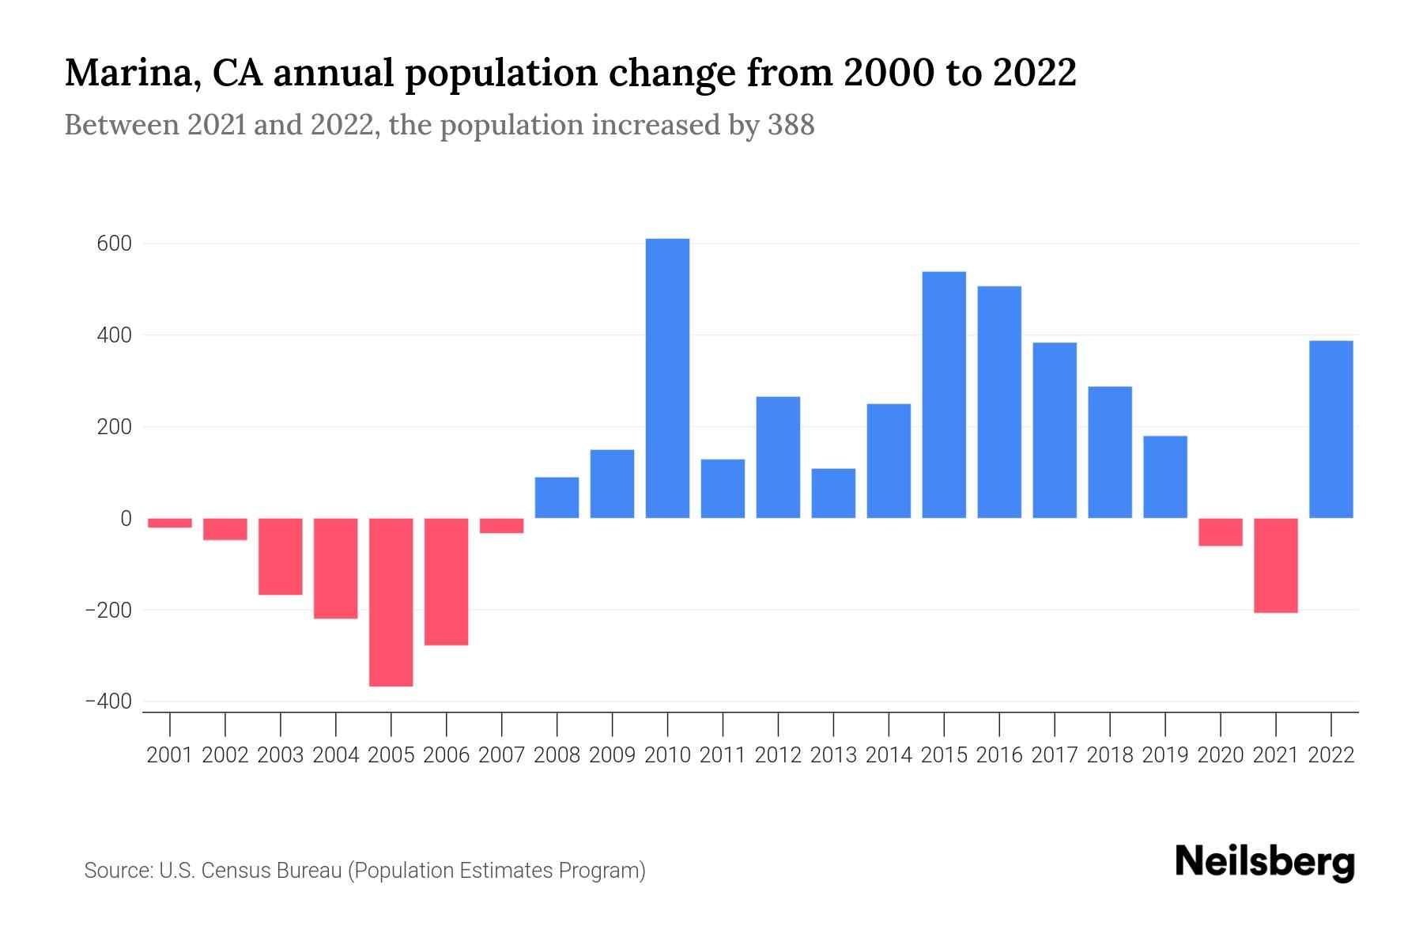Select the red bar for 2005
pos(391,602)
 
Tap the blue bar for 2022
pos(1331,429)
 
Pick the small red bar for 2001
pos(170,523)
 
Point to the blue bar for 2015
pos(944,395)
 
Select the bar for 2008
pos(557,497)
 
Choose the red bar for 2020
pos(1220,532)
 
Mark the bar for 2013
pos(833,493)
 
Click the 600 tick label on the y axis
pos(115,244)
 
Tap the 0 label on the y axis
pos(126,519)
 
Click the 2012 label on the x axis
pos(778,755)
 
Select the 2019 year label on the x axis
pos(1165,755)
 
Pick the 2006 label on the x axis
pos(446,755)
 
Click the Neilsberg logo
pos(1265,862)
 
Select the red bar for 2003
pos(281,556)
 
